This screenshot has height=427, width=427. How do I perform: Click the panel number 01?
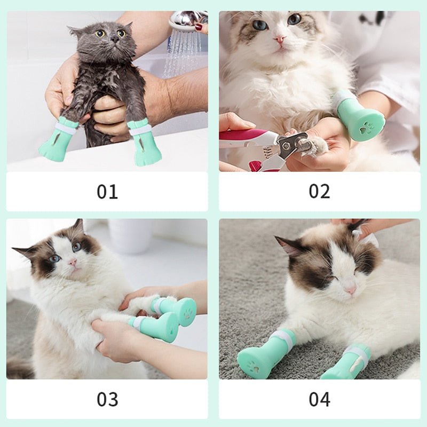click(107, 192)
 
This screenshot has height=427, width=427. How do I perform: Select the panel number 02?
click(319, 191)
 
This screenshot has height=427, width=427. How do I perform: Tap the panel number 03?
click(107, 399)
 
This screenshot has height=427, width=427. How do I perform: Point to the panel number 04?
click(319, 399)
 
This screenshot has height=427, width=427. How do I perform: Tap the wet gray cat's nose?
click(115, 39)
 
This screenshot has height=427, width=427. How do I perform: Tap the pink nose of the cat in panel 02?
click(280, 39)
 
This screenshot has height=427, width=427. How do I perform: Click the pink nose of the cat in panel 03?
click(73, 263)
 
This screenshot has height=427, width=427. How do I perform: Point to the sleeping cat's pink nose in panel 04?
click(350, 290)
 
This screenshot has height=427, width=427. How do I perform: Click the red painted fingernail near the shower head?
click(199, 27)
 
